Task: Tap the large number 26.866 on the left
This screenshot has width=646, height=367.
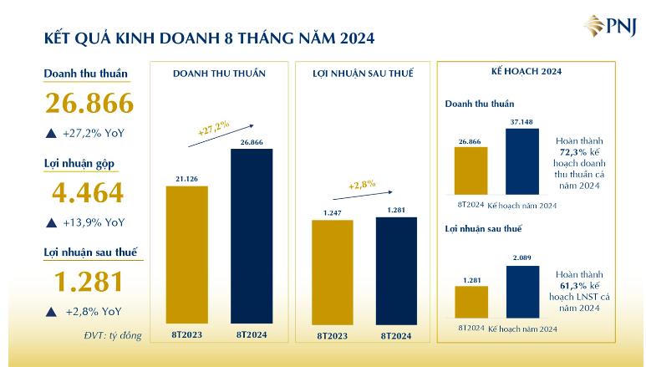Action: (x=89, y=103)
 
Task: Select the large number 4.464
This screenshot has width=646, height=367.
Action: (x=88, y=193)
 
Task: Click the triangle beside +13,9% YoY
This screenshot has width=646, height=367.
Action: (x=51, y=222)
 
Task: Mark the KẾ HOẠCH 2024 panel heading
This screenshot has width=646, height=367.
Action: (x=526, y=72)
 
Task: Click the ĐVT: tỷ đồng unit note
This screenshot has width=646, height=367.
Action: (x=113, y=335)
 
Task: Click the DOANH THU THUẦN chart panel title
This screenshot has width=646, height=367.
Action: (x=219, y=74)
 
